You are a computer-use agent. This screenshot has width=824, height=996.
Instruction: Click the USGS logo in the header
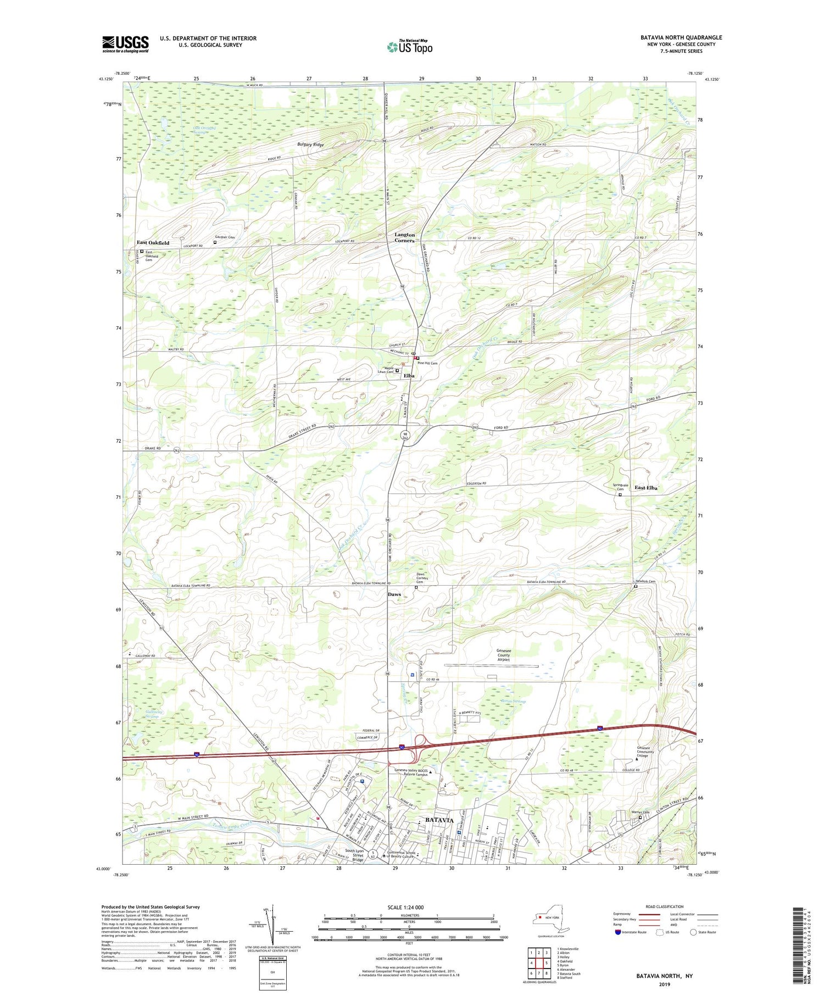[125, 44]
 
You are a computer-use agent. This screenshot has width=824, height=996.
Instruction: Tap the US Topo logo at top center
[409, 47]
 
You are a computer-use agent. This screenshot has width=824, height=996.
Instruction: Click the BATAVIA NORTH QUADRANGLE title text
[681, 37]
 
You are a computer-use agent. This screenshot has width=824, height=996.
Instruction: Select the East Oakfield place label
[153, 242]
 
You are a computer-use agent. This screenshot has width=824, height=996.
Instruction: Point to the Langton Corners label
[404, 237]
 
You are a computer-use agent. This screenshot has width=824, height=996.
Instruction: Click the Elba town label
[409, 376]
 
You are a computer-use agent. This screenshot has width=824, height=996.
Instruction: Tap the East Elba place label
[646, 488]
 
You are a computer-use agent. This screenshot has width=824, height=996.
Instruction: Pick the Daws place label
[394, 594]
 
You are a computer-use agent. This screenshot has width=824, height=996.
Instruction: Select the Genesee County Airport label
[504, 655]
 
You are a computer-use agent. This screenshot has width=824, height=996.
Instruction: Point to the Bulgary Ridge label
[310, 144]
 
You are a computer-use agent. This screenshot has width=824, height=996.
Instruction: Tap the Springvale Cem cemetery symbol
[620, 494]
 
